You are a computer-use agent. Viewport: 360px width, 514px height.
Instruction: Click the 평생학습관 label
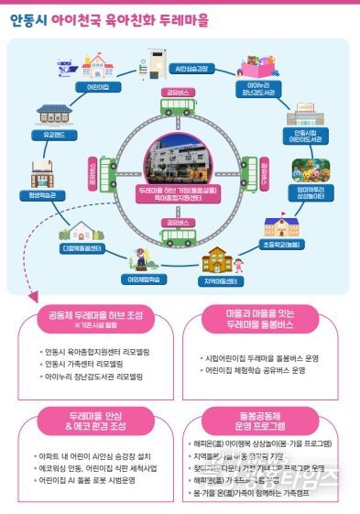pyautogui.click(x=44, y=195)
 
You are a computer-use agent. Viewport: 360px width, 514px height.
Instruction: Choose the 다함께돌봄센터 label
pyautogui.click(x=82, y=247)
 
